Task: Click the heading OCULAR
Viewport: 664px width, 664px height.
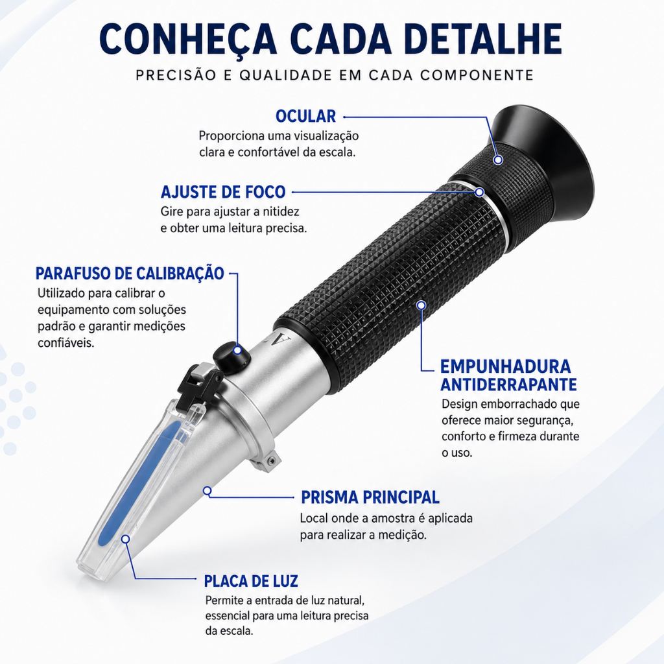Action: tap(305, 116)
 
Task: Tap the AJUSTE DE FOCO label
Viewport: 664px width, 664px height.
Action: tap(223, 192)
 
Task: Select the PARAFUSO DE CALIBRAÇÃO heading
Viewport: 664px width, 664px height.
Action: tap(130, 274)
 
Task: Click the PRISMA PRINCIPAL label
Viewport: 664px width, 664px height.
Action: tap(370, 497)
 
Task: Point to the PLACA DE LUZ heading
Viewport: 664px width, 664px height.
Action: tap(251, 581)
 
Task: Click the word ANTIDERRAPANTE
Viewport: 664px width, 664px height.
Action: tap(508, 385)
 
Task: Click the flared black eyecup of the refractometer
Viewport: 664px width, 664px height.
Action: tap(543, 163)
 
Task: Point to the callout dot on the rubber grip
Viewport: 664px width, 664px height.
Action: tap(421, 305)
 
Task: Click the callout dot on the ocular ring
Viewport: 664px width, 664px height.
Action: tap(499, 160)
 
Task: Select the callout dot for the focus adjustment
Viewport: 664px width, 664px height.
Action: tap(479, 192)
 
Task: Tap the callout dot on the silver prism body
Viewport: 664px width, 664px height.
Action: tap(207, 491)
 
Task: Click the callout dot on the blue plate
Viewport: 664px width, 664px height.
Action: tap(125, 539)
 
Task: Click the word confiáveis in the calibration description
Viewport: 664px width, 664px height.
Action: tap(65, 342)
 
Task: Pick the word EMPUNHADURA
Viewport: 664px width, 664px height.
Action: tap(506, 367)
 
